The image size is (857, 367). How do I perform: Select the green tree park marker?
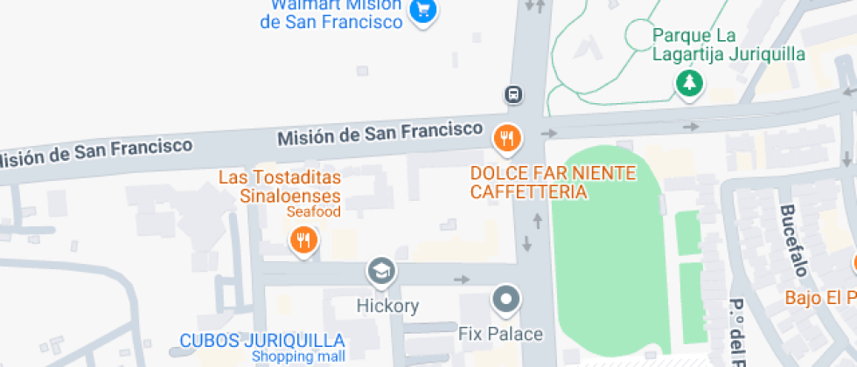(x=690, y=84)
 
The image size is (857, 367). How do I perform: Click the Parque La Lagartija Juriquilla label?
(x=728, y=45)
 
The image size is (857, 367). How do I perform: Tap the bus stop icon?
(x=513, y=94)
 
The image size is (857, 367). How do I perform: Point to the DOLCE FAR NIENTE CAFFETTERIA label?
(x=553, y=183)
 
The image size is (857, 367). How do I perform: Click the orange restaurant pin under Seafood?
(x=303, y=239)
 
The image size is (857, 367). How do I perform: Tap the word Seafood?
(x=313, y=211)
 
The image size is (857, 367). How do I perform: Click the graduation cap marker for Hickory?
(x=381, y=272)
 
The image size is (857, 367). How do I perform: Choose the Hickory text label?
(x=387, y=306)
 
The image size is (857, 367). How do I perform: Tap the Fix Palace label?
(x=501, y=334)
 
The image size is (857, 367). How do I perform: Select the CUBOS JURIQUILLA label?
(x=261, y=340)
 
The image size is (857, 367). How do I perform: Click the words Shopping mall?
(x=298, y=357)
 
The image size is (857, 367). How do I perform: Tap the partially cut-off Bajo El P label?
(x=819, y=297)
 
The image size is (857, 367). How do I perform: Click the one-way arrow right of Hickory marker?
(x=462, y=280)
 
